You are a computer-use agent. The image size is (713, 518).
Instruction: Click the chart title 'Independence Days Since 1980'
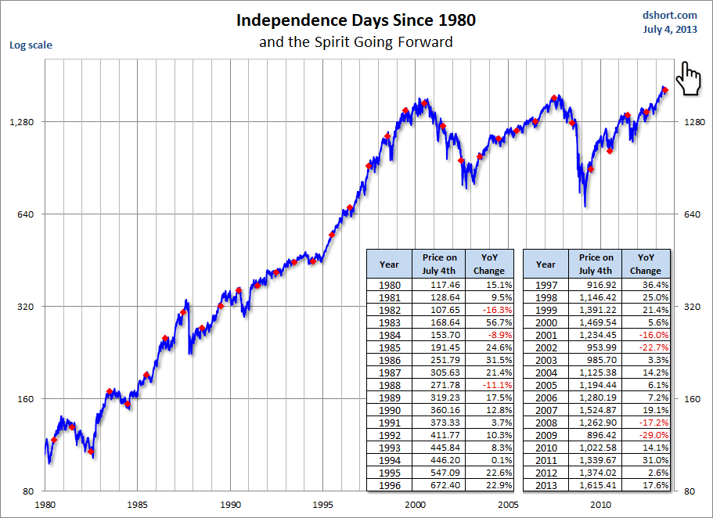click(356, 20)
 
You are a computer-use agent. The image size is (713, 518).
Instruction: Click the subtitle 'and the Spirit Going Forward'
click(356, 41)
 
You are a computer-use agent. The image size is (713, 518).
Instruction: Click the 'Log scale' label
click(30, 45)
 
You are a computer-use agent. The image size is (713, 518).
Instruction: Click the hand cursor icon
click(688, 78)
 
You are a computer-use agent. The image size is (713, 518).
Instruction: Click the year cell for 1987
click(389, 372)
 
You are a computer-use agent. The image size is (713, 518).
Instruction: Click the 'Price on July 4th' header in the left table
click(440, 264)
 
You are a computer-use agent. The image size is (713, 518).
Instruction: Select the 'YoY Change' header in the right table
click(646, 264)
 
